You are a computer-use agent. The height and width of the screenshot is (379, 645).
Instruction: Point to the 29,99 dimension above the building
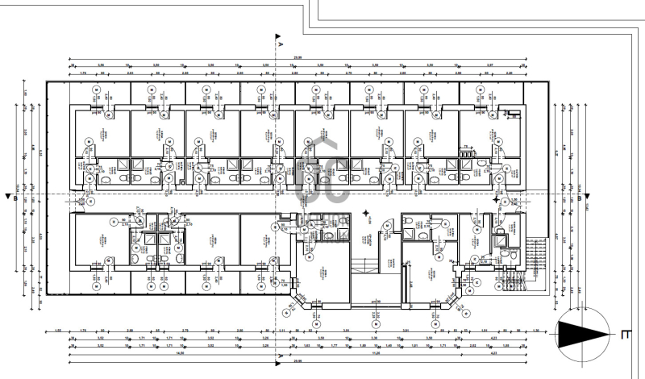(298, 57)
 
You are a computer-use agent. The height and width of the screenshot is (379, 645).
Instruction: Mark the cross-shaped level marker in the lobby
(367, 212)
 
